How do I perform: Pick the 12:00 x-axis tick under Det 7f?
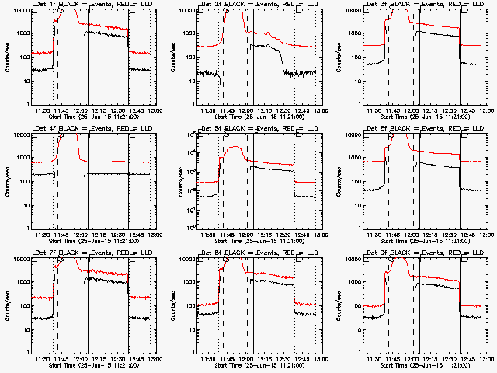[x=81, y=361]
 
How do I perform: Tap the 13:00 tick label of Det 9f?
[x=486, y=361]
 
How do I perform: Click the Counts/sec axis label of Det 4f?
[x=9, y=181]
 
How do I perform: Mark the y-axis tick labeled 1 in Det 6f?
[x=360, y=228]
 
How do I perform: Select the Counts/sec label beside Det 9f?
[x=339, y=305]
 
